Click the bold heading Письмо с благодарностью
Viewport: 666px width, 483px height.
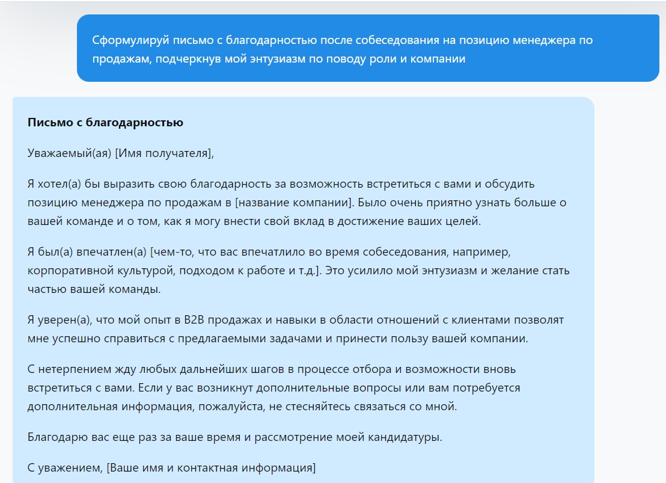click(x=105, y=123)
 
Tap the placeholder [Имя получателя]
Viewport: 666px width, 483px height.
click(x=164, y=153)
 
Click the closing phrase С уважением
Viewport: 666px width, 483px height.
click(x=63, y=467)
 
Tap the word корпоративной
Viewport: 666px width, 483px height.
click(x=64, y=270)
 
